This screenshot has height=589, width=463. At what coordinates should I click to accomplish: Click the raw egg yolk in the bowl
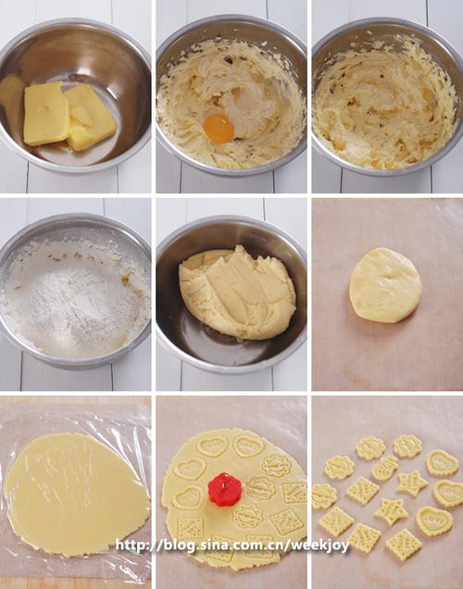[x=219, y=128]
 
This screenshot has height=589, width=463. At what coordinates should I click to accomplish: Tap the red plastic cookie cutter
[x=224, y=488]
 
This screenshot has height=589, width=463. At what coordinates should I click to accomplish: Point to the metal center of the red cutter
[x=226, y=484]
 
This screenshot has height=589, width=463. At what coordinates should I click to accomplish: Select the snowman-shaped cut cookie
[x=384, y=468]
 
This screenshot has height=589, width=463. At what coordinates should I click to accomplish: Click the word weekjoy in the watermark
[x=320, y=545]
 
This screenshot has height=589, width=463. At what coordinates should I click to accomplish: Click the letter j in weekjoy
[x=328, y=545]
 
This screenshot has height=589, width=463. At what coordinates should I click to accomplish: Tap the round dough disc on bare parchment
[x=385, y=285]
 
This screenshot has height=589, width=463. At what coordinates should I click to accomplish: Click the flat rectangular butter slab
[x=46, y=113]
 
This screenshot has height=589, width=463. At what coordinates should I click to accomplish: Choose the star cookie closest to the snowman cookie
[x=412, y=483]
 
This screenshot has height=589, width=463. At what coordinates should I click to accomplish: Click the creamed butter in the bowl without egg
[x=385, y=104]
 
